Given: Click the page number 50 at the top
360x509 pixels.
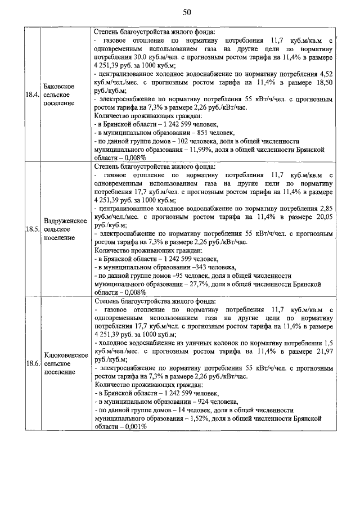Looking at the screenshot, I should (x=187, y=12).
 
